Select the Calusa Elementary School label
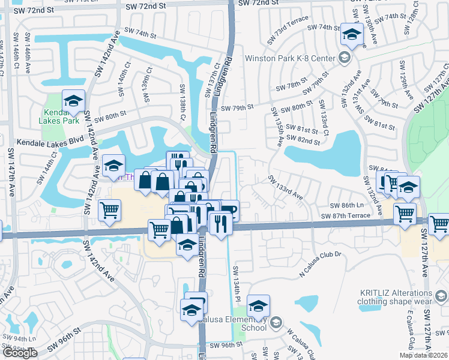[x=245, y=323]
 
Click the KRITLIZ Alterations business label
[x=396, y=297]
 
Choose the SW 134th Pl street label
[x=237, y=282]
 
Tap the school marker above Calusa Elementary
[x=258, y=306]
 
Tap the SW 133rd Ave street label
[x=285, y=187]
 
